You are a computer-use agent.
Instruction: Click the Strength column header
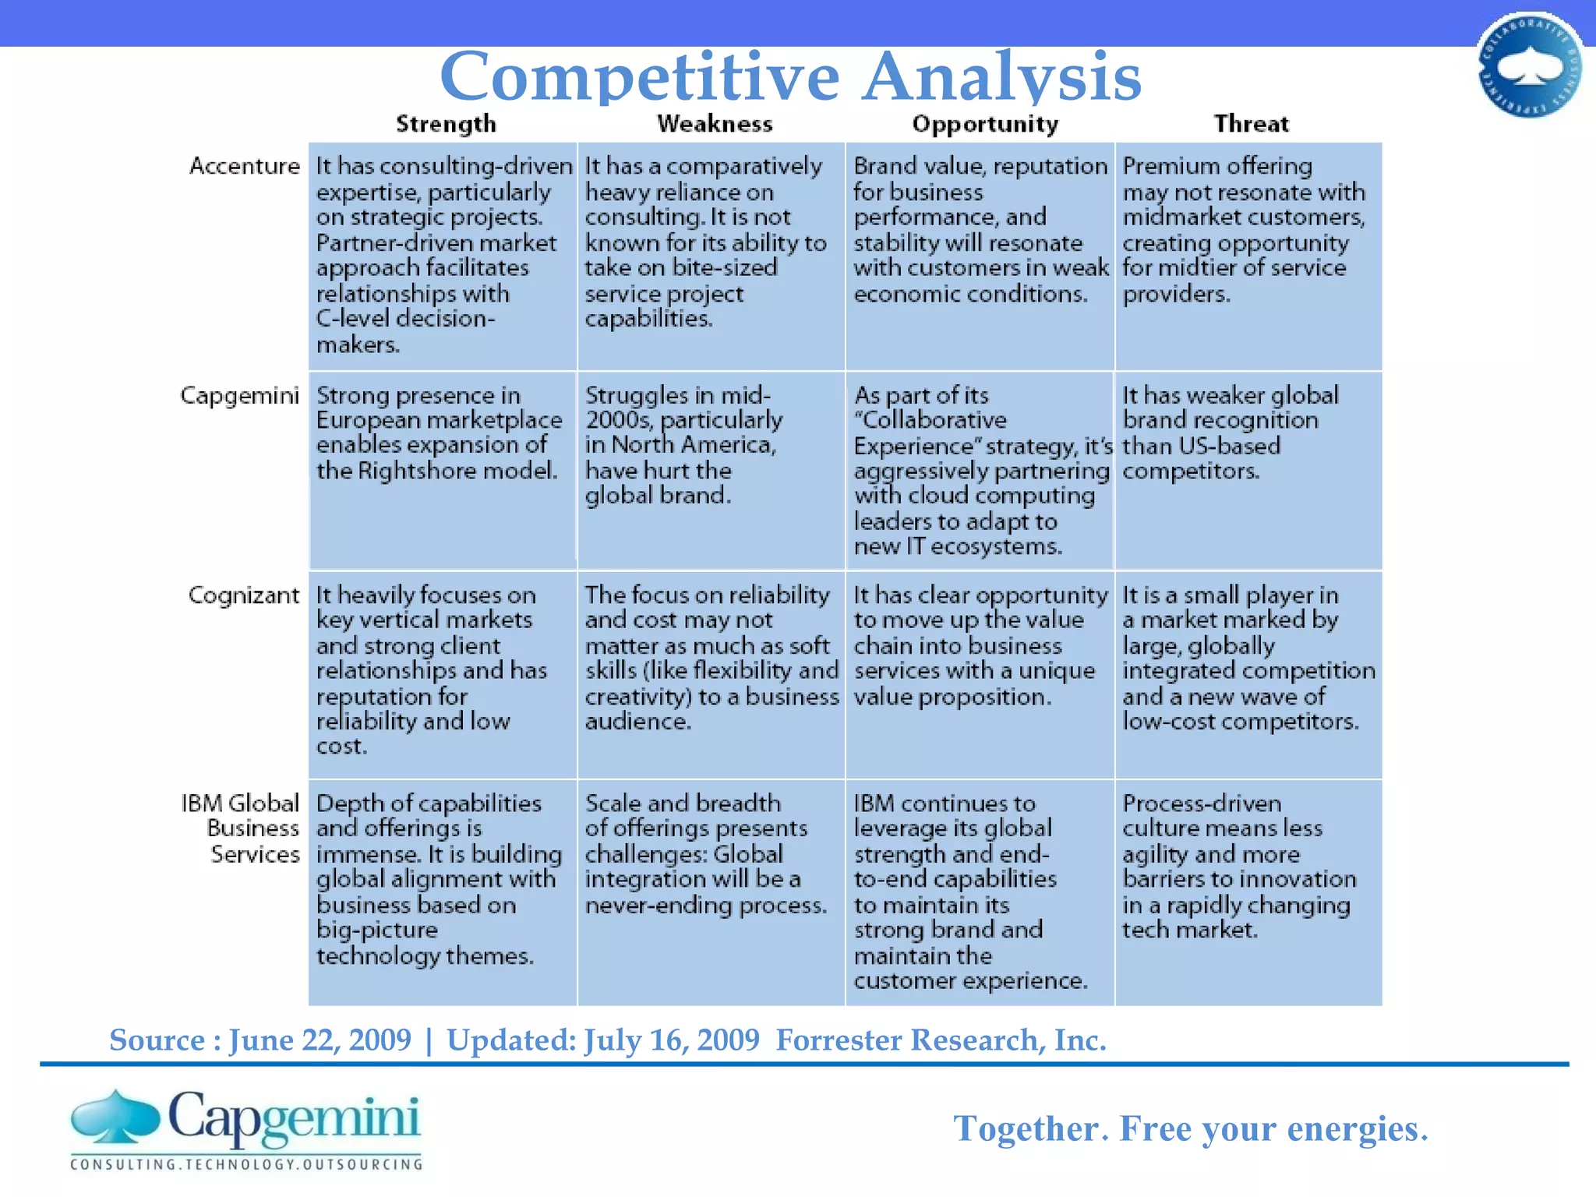[x=446, y=124]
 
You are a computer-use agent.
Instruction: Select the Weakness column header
[x=715, y=124]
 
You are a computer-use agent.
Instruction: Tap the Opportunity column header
[x=985, y=125]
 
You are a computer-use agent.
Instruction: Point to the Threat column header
[x=1251, y=124]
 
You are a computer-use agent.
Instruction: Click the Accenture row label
[x=244, y=166]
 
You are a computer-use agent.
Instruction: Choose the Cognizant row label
[x=243, y=595]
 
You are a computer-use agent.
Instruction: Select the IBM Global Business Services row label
[x=241, y=828]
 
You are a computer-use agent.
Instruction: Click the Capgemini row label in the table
[x=239, y=396]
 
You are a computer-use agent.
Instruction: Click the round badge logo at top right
[x=1530, y=65]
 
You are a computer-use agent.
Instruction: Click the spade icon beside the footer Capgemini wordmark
[x=115, y=1117]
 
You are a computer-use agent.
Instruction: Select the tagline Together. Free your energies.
[x=1190, y=1128]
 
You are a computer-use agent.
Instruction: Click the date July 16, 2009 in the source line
[x=671, y=1040]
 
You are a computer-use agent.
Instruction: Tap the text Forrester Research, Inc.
[x=941, y=1040]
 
